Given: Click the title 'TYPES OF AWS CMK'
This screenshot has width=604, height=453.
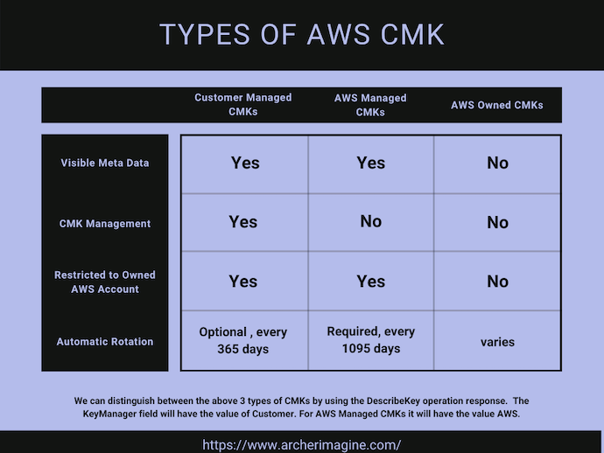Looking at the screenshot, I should click(302, 34).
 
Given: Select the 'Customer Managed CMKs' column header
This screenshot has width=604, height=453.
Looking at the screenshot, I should click(243, 105).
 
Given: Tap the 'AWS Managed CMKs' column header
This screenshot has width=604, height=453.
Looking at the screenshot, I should click(370, 105).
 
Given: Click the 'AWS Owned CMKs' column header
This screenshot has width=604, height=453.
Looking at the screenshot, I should click(497, 105).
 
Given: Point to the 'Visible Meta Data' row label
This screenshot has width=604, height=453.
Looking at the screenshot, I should click(105, 164).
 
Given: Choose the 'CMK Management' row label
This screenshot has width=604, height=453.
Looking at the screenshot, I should click(105, 224).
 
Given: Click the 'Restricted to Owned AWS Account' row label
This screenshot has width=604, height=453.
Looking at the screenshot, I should click(105, 282).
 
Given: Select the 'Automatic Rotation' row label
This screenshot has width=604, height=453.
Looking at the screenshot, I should click(105, 342).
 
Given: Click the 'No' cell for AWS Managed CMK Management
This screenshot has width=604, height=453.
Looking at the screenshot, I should click(370, 221).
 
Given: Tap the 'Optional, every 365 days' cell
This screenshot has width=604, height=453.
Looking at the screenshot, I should click(243, 340).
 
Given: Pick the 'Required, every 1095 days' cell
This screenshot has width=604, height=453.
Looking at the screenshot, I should click(370, 339).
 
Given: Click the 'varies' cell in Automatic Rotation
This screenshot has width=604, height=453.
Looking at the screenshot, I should click(497, 342).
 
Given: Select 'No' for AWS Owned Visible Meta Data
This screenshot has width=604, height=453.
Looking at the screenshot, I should click(497, 164).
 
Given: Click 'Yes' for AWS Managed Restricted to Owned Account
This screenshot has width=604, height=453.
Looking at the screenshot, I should click(370, 282).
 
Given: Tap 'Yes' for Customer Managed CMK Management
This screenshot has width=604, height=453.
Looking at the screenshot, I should click(243, 222).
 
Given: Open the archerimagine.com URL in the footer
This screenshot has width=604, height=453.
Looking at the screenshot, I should click(302, 444).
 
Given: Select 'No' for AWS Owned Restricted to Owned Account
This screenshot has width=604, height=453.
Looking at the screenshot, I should click(497, 282).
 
